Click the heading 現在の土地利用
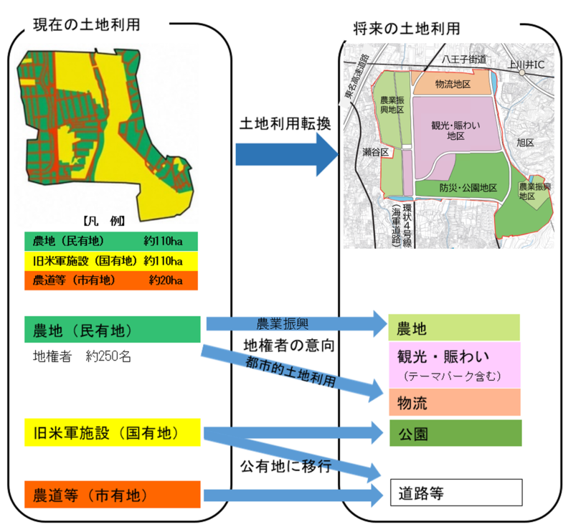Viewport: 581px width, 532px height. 86,24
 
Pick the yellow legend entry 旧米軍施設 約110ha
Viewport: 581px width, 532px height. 110,260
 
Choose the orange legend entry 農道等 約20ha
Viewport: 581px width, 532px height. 110,280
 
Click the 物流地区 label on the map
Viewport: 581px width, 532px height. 453,85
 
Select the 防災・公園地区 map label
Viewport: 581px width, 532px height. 468,188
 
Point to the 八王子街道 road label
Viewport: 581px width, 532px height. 464,58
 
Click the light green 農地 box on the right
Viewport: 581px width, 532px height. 454,328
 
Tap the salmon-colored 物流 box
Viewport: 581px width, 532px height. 454,402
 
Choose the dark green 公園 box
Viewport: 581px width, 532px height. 454,433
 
